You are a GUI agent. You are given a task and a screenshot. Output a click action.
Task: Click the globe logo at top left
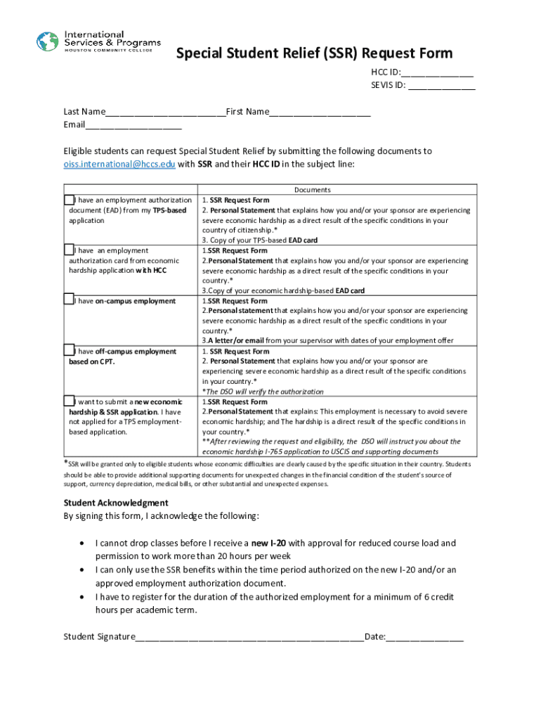(48, 41)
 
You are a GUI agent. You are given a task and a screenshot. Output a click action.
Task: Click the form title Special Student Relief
(314, 53)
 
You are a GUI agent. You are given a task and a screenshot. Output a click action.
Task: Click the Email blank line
(133, 127)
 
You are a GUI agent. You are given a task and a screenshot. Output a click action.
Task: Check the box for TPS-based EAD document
(69, 200)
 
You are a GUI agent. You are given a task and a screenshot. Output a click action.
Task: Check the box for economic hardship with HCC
(69, 250)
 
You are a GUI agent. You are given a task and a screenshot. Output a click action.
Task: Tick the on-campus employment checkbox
(69, 300)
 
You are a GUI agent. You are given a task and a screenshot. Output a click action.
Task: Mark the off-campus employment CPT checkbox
(69, 350)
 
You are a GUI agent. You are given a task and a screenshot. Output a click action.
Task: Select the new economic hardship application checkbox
(69, 401)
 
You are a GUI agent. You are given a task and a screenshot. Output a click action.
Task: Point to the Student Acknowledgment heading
(116, 503)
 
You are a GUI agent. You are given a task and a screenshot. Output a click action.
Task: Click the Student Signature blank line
(249, 638)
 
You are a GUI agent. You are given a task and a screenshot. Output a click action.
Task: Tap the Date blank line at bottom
(424, 638)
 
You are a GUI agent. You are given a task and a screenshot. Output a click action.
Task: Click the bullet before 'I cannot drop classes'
(84, 544)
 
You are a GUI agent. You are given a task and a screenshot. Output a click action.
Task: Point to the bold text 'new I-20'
(268, 544)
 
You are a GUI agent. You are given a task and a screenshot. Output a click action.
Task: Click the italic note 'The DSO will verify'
(264, 392)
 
